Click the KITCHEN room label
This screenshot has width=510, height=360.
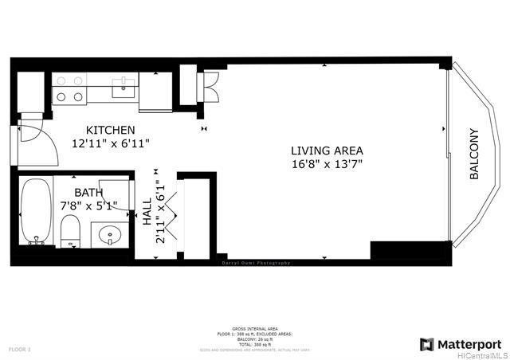click(111, 130)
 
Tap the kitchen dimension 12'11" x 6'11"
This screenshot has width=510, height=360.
click(111, 143)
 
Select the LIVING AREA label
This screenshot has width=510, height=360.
click(327, 151)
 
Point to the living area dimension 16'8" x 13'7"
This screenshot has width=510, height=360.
click(327, 165)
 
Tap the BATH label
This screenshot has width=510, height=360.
click(88, 193)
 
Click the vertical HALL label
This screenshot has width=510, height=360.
click(147, 213)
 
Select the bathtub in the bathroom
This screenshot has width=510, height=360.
click(35, 211)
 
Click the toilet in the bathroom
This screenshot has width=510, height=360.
click(70, 231)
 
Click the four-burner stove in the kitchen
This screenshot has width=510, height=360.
click(69, 88)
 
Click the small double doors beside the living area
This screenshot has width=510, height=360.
click(210, 85)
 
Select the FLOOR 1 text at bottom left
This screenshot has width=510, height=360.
click(19, 350)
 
